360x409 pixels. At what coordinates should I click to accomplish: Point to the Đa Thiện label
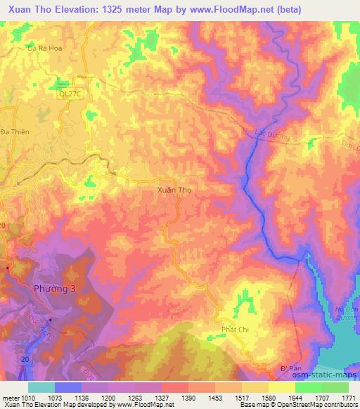[14, 131]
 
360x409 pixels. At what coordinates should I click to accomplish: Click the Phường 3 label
[51, 289]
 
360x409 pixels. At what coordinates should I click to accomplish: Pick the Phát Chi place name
[235, 330]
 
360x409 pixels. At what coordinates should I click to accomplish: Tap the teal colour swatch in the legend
[41, 387]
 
